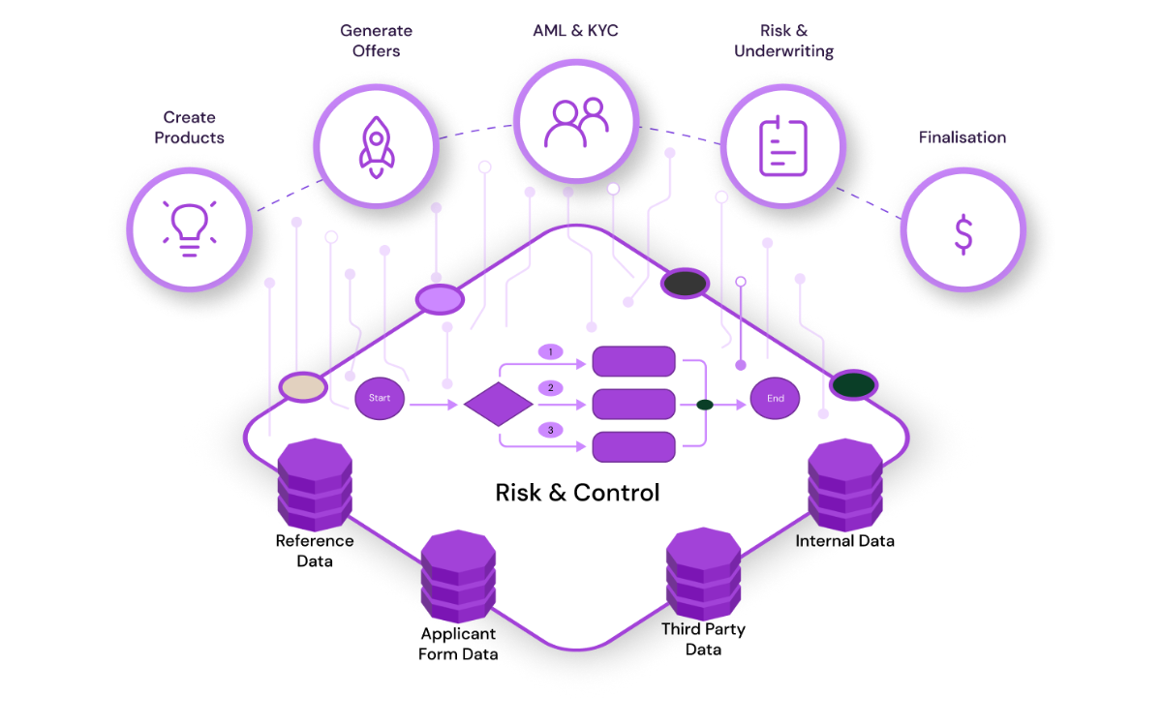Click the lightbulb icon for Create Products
(x=190, y=227)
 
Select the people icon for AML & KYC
(x=576, y=123)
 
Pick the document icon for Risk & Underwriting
(x=782, y=145)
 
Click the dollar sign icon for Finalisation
(x=963, y=233)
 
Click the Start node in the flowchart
(x=380, y=398)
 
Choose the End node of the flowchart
(x=776, y=398)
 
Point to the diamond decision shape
(x=499, y=404)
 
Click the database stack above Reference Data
(x=315, y=484)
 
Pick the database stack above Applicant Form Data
(x=458, y=576)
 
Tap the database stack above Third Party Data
(x=703, y=574)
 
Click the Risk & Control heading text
(x=577, y=493)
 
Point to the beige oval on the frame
(x=303, y=388)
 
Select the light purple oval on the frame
(x=441, y=300)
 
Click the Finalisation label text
(x=962, y=137)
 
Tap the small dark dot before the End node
(x=705, y=405)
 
